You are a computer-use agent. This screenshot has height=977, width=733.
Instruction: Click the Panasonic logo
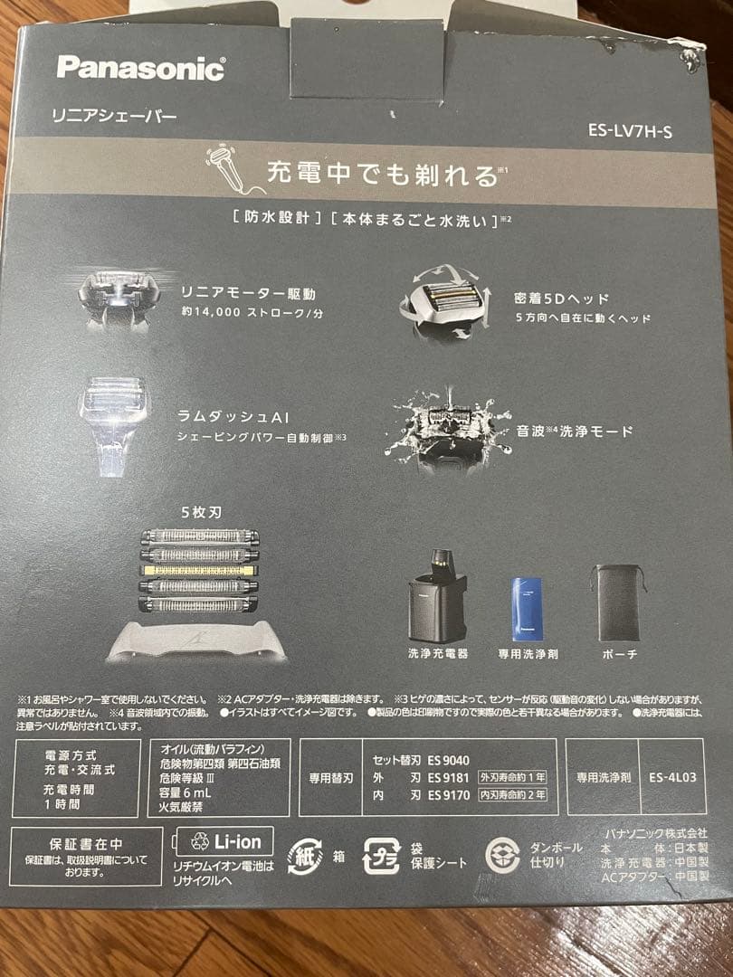point(140,68)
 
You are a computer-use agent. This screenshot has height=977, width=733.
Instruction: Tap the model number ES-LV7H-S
point(630,129)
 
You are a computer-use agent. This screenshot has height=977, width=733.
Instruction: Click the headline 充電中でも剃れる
point(381,173)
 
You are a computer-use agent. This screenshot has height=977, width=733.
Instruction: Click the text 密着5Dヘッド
point(562,299)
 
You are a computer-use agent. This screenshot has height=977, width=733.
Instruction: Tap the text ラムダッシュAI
point(240,416)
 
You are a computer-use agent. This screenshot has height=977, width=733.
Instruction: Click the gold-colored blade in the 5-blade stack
point(199,570)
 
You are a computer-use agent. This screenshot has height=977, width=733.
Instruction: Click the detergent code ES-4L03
point(672,777)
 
